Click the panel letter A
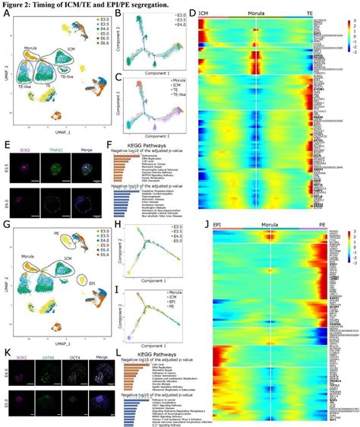[7, 14]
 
